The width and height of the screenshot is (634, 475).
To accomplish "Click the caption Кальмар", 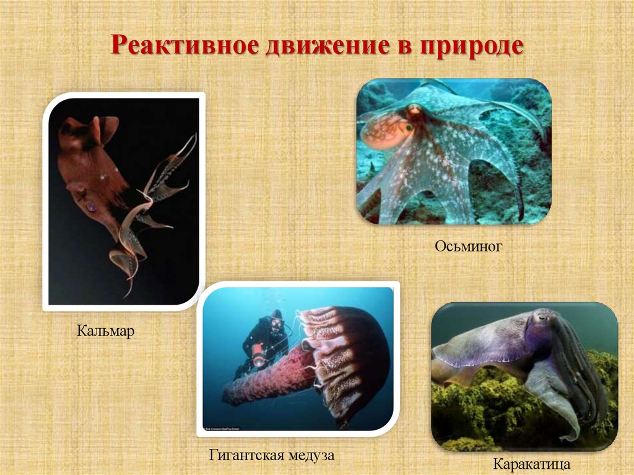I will [x=106, y=331].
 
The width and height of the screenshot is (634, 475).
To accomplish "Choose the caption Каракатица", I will [x=531, y=463].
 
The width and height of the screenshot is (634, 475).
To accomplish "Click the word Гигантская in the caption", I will [x=247, y=456].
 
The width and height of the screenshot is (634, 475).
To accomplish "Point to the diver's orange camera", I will [x=257, y=359].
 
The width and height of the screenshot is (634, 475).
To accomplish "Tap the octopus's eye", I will [x=414, y=111].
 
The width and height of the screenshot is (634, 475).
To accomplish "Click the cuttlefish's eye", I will [x=543, y=317].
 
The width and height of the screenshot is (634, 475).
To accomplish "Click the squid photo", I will [x=124, y=201].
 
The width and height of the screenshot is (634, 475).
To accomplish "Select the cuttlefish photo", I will [x=524, y=376].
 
